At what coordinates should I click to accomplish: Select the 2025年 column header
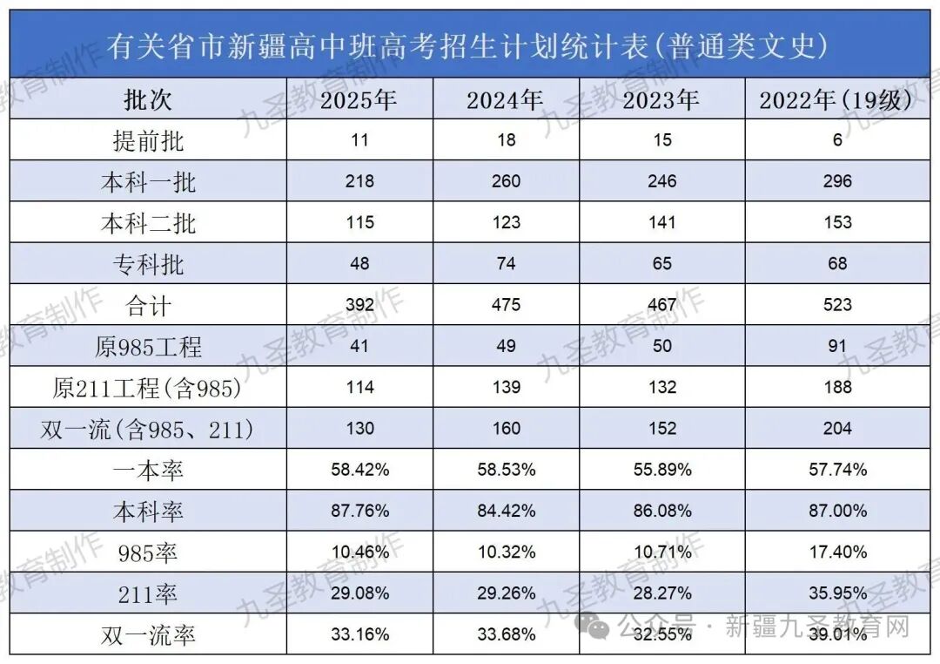359,100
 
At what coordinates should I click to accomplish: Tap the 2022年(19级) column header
836,100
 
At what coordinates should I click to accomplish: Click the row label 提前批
148,140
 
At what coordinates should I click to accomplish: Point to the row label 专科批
148,263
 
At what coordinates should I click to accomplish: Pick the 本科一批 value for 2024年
505,181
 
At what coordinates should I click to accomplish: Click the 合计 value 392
359,305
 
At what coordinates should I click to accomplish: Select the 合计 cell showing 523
837,305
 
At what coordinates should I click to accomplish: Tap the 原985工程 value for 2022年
837,346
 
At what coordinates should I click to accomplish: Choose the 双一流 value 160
505,429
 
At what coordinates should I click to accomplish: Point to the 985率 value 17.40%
837,552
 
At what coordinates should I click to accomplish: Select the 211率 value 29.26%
505,593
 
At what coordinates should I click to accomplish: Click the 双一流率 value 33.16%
359,634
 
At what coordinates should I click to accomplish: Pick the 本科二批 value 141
662,222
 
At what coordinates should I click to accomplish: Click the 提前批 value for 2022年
837,140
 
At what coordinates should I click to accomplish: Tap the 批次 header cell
148,100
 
